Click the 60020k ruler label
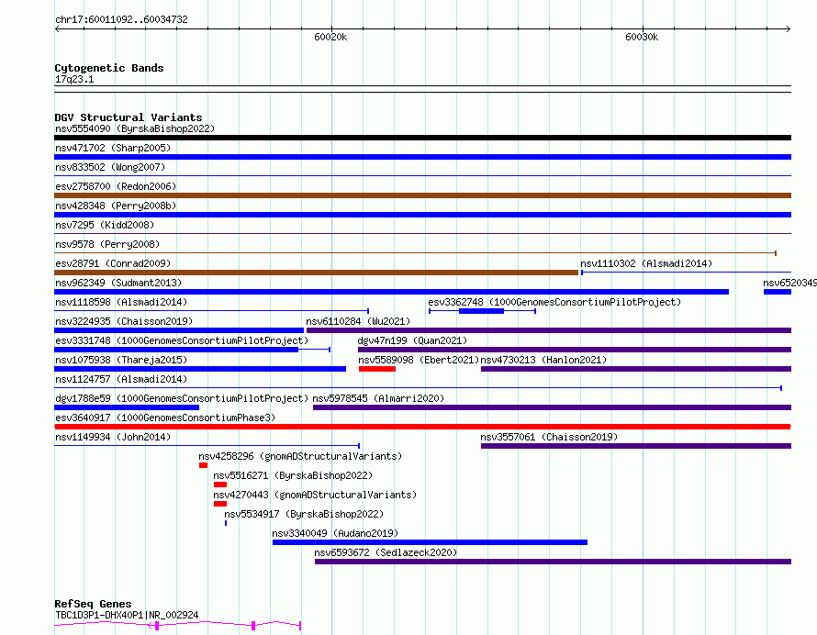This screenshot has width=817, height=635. pyautogui.click(x=330, y=37)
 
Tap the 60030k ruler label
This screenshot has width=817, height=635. pyautogui.click(x=642, y=37)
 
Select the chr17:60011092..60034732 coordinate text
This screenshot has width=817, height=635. pyautogui.click(x=121, y=19)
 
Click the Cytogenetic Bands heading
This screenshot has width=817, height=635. pyautogui.click(x=109, y=68)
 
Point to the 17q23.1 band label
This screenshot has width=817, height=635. pyautogui.click(x=74, y=79)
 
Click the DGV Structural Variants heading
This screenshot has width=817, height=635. pyautogui.click(x=129, y=117)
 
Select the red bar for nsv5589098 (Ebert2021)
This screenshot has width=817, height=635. pyautogui.click(x=377, y=369)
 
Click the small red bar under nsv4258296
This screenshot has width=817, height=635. pyautogui.click(x=203, y=465)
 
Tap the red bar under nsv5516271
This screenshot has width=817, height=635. pyautogui.click(x=220, y=485)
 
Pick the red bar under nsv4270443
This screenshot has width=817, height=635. pyautogui.click(x=220, y=504)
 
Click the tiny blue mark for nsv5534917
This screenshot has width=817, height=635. pyautogui.click(x=226, y=523)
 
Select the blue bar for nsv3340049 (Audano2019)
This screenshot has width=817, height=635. pyautogui.click(x=430, y=542)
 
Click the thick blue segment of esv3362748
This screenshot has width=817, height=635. pyautogui.click(x=481, y=311)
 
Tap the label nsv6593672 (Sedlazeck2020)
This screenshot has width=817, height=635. pyautogui.click(x=386, y=552)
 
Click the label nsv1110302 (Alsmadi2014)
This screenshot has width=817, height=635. pyautogui.click(x=646, y=263)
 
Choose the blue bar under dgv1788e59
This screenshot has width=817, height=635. pyautogui.click(x=127, y=407)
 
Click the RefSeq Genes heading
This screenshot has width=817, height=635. pyautogui.click(x=93, y=604)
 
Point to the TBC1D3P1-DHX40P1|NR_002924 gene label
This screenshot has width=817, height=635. pyautogui.click(x=127, y=615)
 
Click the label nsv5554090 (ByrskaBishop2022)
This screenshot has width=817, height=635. pyautogui.click(x=135, y=128)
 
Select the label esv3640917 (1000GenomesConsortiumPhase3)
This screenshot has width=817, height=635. pyautogui.click(x=165, y=418)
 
